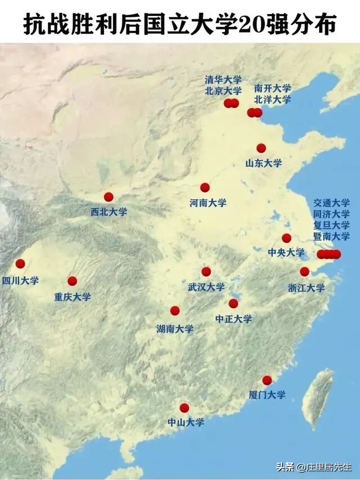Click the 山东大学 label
pos(263,163)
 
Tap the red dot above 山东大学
pos(261,148)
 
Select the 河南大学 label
pos(208,203)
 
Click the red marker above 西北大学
pos(109,197)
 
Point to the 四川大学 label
pos(20,280)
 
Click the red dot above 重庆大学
pos(72,281)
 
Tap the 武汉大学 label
pos(206,287)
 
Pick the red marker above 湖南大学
pos(175,311)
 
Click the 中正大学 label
pos(233,319)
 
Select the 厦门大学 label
pos(267,395)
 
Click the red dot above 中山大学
pos(184,408)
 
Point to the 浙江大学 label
pos(307,288)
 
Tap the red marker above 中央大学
pos(287,238)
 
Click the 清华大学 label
pos(223,79)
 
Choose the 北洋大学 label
pos(272,100)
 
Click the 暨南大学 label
pos(331,236)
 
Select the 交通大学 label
pos(331,203)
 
